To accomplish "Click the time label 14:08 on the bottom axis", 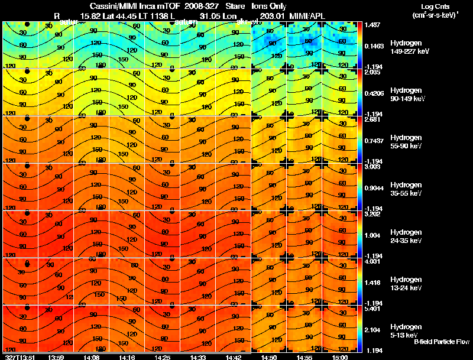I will point(91,357).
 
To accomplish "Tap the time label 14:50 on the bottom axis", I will point(268,357).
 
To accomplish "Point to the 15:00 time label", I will point(339,357).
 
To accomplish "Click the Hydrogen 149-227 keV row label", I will point(409,47).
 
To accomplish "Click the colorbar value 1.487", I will point(373,25).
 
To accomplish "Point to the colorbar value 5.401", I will point(373,309).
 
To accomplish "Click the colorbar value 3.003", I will point(373,167).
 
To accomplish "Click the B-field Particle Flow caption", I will point(441,342).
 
